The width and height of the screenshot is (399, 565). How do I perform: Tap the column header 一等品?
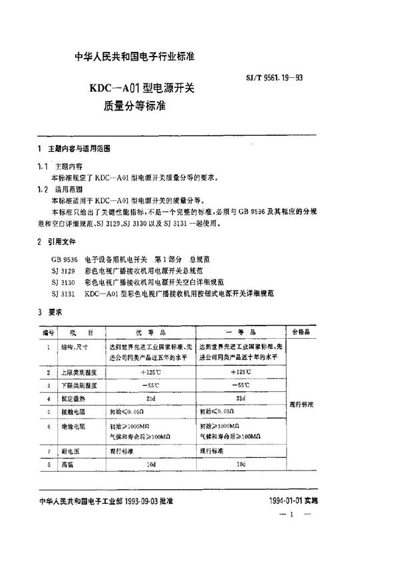pyautogui.click(x=241, y=331)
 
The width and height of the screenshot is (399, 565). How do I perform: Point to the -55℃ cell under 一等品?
pyautogui.click(x=241, y=385)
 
